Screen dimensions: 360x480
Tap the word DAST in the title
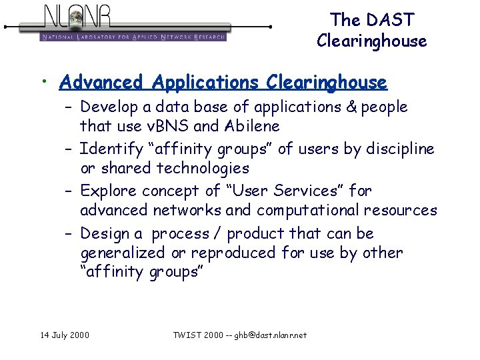coord(392,20)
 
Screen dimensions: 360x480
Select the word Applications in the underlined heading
coord(205,83)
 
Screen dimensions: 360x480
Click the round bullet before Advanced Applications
coord(43,82)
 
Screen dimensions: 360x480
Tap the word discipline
coord(398,149)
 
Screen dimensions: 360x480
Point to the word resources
coord(401,211)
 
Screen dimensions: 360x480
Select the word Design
coord(105,234)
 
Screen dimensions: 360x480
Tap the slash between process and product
coord(218,234)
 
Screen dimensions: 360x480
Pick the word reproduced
coord(233,253)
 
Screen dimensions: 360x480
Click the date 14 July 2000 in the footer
coord(65,335)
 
